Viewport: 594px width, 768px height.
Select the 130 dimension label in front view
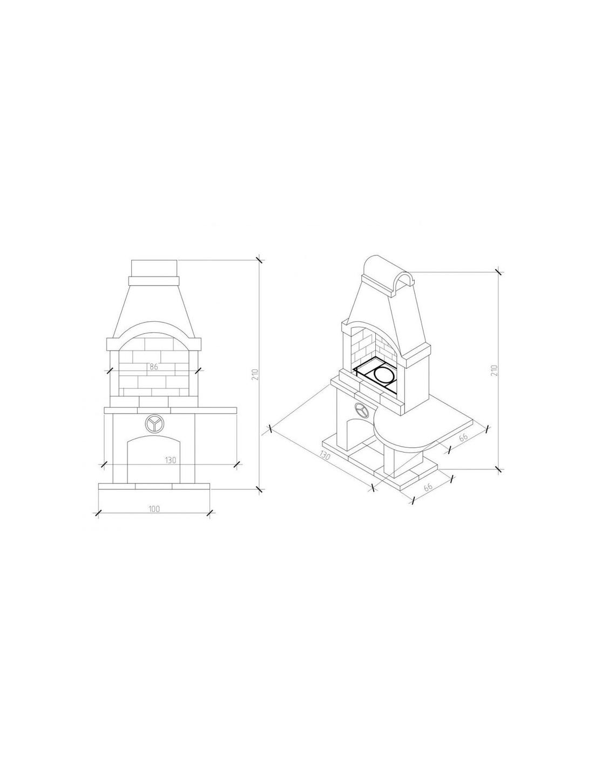[x=170, y=460]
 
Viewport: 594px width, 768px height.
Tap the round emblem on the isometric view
[x=361, y=410]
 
